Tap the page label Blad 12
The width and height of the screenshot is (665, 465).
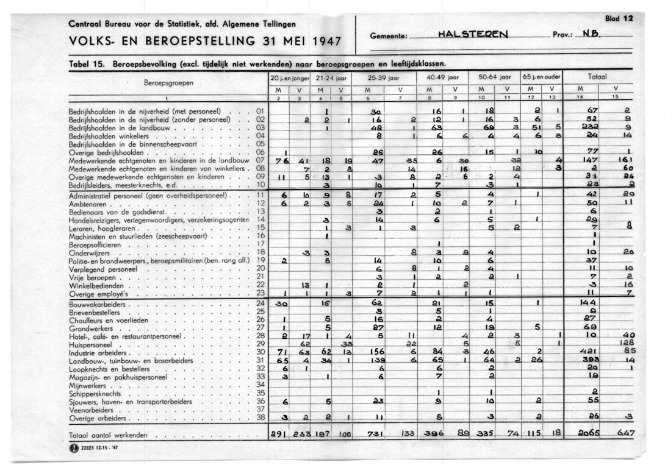(619, 19)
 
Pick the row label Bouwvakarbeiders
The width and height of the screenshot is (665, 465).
(98, 303)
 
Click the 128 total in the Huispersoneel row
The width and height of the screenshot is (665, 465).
(626, 344)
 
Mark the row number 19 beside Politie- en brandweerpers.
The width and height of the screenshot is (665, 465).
(261, 260)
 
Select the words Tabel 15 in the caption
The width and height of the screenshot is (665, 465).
(85, 63)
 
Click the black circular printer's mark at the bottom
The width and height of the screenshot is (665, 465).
(74, 449)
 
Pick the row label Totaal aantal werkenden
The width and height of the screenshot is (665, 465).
(109, 436)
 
